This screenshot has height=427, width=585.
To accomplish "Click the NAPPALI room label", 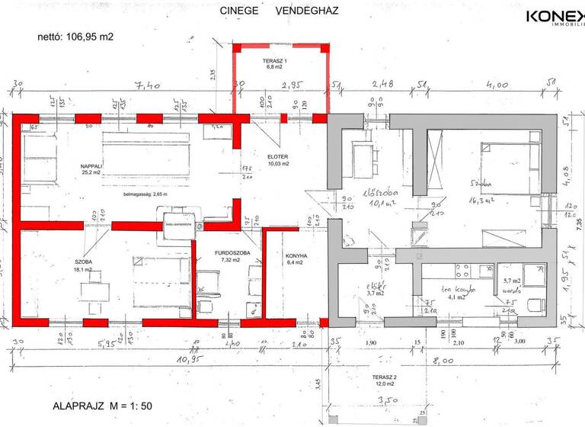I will (91, 165).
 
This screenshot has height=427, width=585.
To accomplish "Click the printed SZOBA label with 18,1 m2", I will (83, 261).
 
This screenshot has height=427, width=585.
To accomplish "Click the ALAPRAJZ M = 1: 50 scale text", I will (103, 406).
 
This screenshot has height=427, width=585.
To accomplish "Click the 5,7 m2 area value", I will (510, 281).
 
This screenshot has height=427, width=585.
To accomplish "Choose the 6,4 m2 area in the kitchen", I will (296, 263).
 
